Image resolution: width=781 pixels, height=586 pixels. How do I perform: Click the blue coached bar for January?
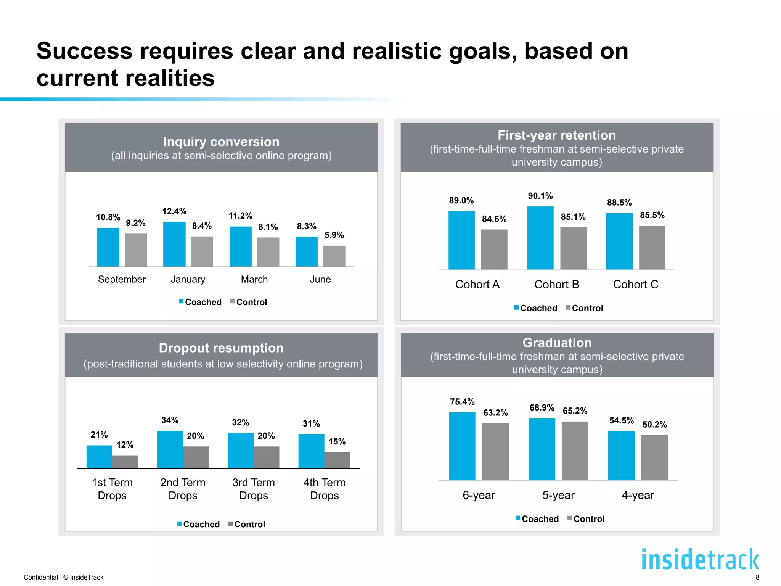(174, 244)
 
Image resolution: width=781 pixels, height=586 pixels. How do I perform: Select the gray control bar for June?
(334, 256)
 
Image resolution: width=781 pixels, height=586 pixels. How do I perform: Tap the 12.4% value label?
(174, 211)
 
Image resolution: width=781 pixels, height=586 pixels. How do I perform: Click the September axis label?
(122, 279)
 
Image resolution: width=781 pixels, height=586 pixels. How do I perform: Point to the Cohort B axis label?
(556, 285)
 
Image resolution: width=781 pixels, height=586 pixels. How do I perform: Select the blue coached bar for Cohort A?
(461, 240)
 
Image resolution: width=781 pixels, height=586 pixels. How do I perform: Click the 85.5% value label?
(652, 215)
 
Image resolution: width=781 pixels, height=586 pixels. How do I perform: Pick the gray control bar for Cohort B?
(573, 248)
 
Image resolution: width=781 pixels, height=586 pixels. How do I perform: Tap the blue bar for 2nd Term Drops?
(170, 449)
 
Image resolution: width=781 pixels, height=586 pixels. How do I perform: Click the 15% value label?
(337, 441)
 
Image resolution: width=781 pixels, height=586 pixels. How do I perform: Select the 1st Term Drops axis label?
(112, 489)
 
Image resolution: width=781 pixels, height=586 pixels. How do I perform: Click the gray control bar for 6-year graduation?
(495, 452)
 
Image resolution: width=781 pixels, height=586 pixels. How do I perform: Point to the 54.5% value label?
(621, 420)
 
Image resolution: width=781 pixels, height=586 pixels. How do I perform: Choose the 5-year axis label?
(558, 495)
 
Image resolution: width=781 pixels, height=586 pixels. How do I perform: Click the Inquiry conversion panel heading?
(221, 142)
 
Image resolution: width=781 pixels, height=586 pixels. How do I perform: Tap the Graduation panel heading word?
(557, 343)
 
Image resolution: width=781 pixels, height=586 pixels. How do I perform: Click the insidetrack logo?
(700, 559)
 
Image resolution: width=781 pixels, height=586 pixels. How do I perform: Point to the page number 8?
(757, 577)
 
